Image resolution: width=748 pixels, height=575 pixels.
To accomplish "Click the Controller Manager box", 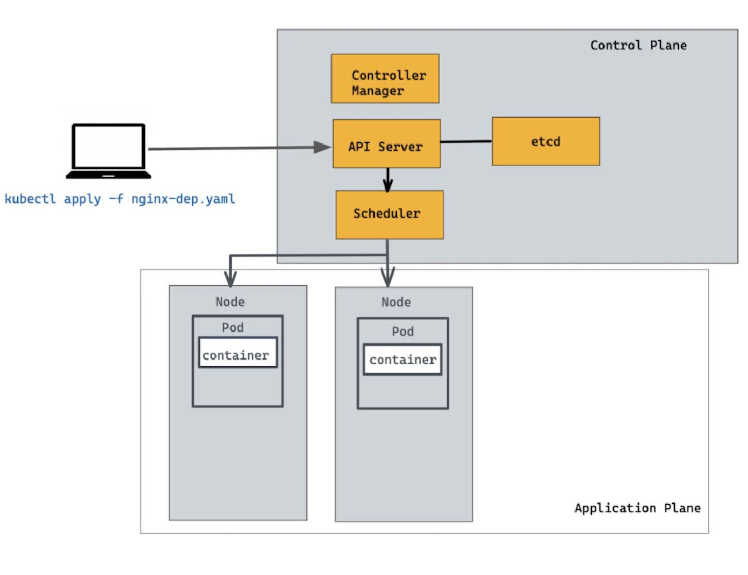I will coord(385,79).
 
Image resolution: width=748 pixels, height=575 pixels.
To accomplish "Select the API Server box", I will coord(386,144).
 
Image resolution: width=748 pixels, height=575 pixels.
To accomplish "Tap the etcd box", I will coord(545,141).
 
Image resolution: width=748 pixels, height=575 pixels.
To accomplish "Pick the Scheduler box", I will coord(389,214).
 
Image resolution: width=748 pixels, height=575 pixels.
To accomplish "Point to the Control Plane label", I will coord(638,46).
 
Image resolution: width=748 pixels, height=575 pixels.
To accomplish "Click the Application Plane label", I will coord(637,508).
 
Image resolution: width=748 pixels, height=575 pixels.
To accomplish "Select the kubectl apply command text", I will coord(120,199).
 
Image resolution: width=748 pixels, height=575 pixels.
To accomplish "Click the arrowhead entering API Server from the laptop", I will coord(322,148).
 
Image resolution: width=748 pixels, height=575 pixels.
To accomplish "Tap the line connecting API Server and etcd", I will coord(466,141).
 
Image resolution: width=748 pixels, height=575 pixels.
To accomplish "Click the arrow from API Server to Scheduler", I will coord(387,180).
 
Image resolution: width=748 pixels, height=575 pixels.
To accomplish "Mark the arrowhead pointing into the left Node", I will coord(231,279).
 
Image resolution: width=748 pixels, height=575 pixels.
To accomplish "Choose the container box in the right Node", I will coord(402,360).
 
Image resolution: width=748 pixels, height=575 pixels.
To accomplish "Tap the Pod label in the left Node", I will coord(233,327).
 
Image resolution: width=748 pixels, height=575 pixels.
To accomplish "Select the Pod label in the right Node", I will coord(402,332).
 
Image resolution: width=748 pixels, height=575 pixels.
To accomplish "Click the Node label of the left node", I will coord(230,301).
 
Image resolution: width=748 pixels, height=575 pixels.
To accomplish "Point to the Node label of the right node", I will coord(396,302).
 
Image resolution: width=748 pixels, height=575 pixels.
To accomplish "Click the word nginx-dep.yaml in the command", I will coord(183,199).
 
